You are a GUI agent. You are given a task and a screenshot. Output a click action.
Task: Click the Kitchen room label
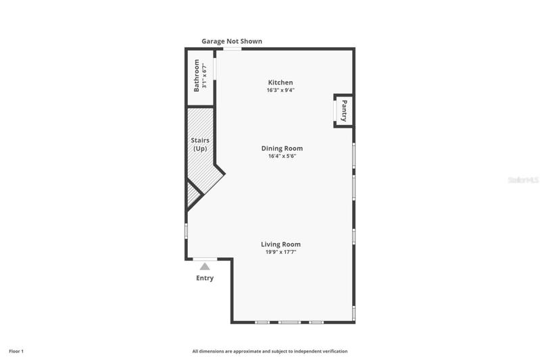point(280,82)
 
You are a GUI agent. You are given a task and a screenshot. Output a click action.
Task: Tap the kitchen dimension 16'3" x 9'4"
point(280,91)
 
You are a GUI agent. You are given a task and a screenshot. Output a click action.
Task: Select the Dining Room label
point(282,149)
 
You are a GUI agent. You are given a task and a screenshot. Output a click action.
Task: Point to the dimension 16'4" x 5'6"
point(282,156)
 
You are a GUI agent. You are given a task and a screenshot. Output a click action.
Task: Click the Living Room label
point(280,245)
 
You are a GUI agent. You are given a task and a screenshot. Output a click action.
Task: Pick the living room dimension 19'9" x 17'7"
point(280,252)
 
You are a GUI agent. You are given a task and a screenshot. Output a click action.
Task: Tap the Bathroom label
point(196,76)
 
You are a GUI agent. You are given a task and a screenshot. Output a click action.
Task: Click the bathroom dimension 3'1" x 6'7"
point(204,76)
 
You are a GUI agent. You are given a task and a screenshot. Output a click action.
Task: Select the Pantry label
point(344,111)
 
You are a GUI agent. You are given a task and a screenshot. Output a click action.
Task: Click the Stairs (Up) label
point(200,145)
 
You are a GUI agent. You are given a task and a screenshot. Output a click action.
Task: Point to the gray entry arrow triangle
point(205,266)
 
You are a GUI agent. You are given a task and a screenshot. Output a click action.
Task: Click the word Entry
point(205,278)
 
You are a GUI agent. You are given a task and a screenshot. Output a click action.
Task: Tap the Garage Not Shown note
point(232,41)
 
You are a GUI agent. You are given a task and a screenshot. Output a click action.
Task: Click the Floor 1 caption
point(16,351)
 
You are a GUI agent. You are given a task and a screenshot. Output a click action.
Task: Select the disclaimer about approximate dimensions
point(270,351)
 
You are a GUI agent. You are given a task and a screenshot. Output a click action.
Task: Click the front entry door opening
point(205,259)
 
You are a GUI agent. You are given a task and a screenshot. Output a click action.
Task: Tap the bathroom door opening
point(214,69)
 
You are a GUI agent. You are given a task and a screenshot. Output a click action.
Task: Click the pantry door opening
point(335,111)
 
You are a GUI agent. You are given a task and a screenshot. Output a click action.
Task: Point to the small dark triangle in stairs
point(193,195)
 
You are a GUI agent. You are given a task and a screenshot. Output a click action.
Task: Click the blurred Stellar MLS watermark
point(523,180)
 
